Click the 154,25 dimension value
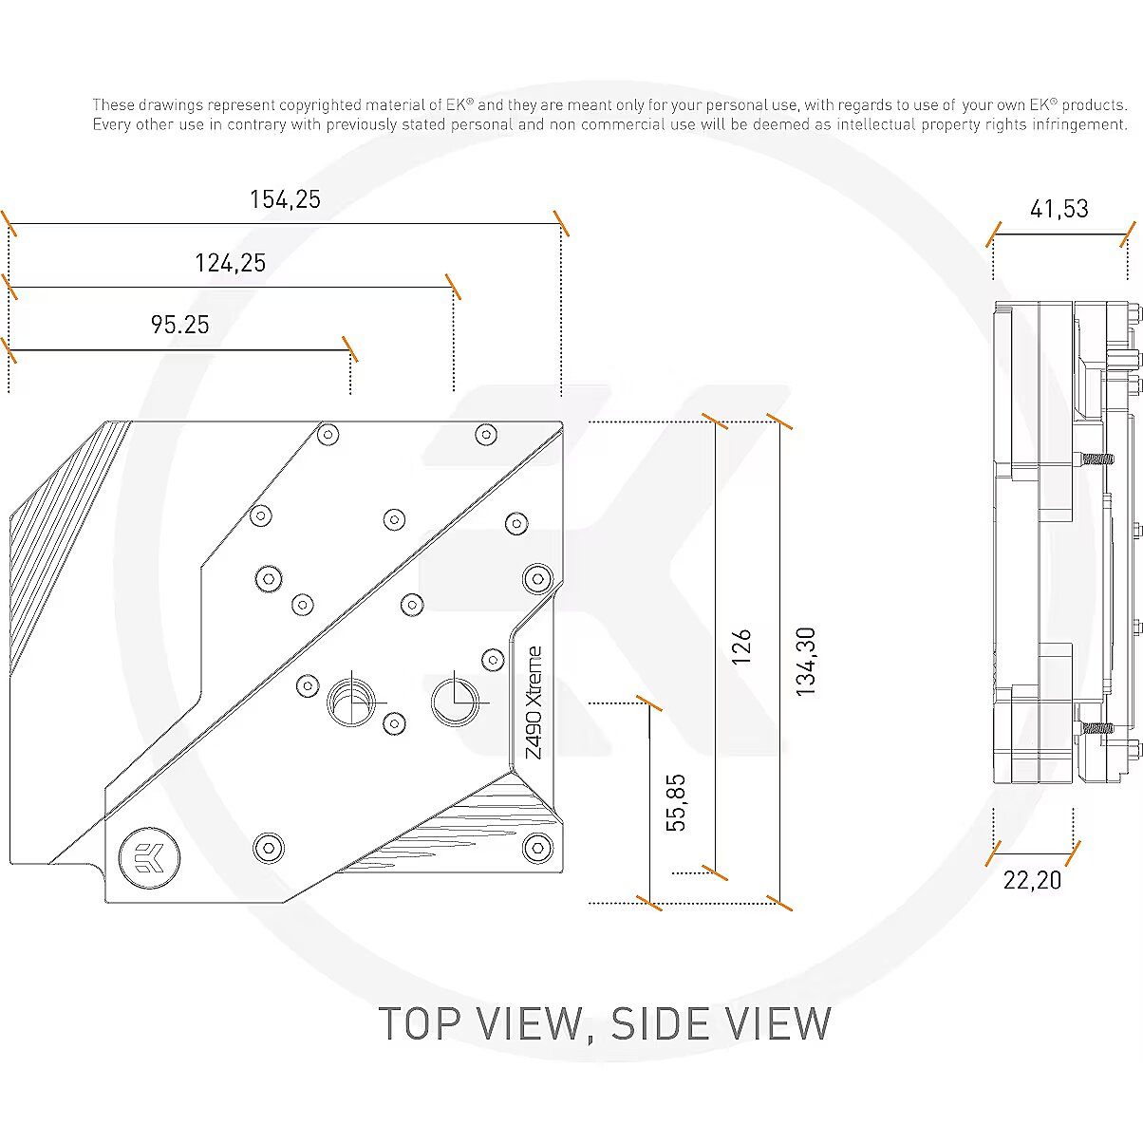click(x=285, y=200)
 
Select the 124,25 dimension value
click(x=230, y=263)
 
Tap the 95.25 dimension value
click(x=179, y=325)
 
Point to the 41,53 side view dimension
click(x=1059, y=210)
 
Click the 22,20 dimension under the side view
click(x=1032, y=880)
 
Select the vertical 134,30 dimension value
click(x=805, y=662)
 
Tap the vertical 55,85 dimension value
click(x=676, y=802)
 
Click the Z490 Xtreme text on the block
click(x=534, y=703)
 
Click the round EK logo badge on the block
click(x=149, y=858)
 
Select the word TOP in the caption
click(x=420, y=1023)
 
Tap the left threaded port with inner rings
click(x=352, y=703)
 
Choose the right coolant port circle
click(x=455, y=702)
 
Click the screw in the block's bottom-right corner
click(x=537, y=848)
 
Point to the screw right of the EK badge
click(x=269, y=848)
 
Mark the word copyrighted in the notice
click(x=320, y=105)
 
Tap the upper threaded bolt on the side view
click(x=1094, y=458)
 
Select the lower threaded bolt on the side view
click(x=1094, y=728)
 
